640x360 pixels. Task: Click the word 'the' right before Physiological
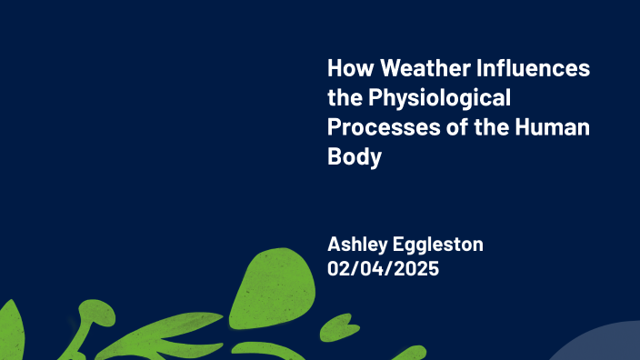coord(343,98)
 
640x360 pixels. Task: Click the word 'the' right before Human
coord(479,126)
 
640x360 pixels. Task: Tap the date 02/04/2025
coord(384,268)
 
